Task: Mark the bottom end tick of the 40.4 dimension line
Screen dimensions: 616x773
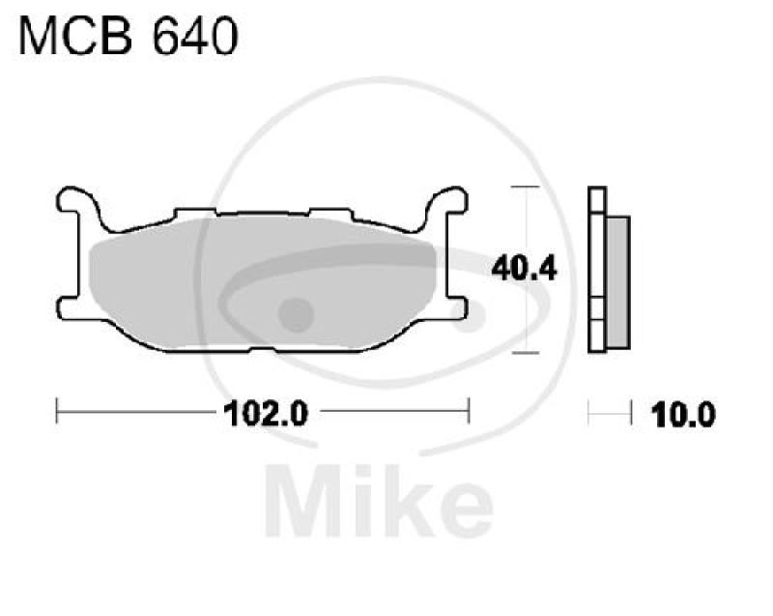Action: pyautogui.click(x=525, y=353)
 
